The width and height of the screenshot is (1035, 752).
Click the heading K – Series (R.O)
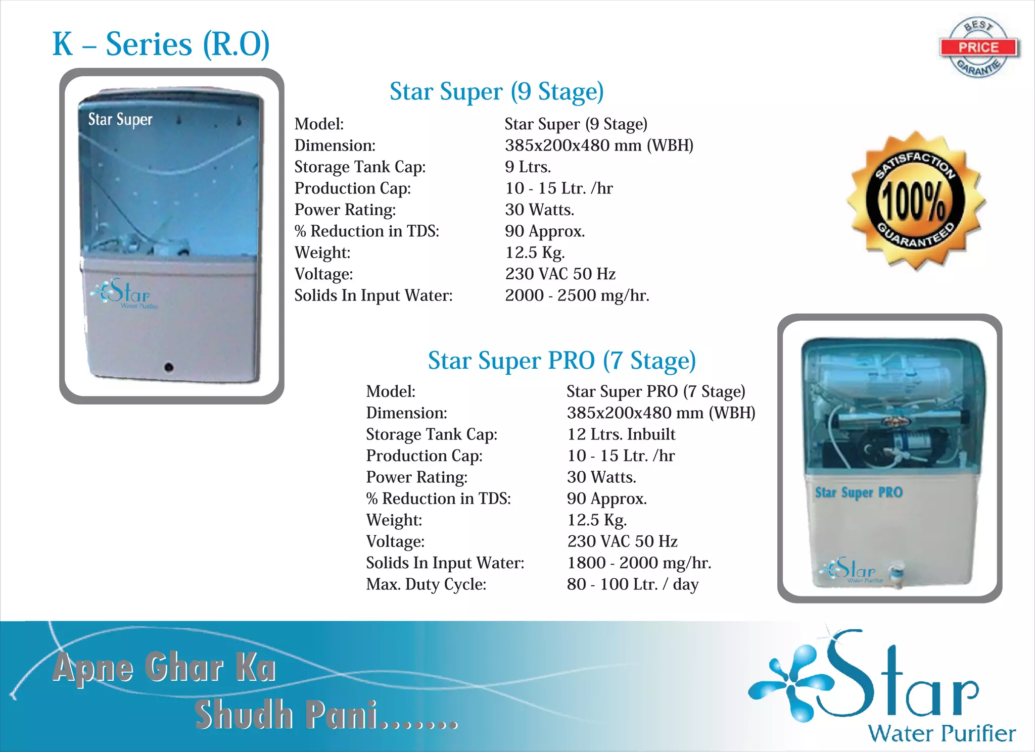161,44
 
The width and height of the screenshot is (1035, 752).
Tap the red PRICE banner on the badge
978,47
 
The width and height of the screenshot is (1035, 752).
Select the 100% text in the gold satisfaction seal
914,200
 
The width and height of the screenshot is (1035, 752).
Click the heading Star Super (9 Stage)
496,92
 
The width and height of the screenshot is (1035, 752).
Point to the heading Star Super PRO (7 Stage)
561,361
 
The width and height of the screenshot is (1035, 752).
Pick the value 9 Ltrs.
528,167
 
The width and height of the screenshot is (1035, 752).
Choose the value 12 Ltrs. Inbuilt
621,434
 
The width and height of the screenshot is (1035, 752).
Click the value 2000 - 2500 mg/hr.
577,295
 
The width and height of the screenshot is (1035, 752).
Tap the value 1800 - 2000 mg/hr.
639,563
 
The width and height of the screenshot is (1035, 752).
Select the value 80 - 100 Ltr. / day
632,584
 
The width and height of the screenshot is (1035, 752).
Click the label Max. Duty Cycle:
426,584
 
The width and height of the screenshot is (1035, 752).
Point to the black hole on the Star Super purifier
169,367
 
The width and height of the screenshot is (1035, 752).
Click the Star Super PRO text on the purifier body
858,492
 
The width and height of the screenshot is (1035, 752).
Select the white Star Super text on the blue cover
120,120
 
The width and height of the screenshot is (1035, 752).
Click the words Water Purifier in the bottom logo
942,733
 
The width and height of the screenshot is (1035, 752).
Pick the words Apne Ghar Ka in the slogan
164,668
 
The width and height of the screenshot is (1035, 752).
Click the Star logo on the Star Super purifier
124,293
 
